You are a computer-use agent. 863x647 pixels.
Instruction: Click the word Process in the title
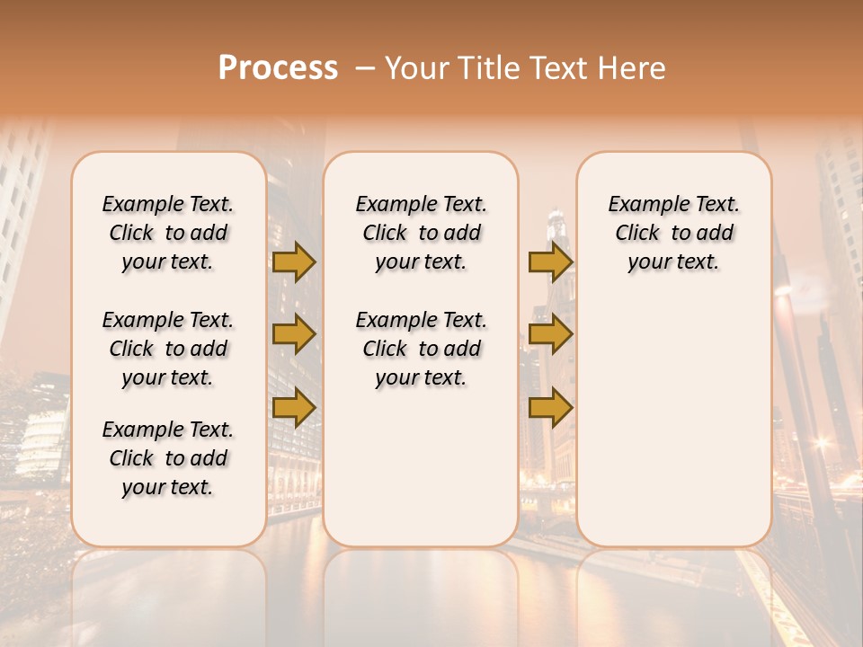(278, 68)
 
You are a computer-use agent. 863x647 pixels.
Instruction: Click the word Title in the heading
(485, 68)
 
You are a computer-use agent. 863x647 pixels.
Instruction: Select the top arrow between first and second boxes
(294, 261)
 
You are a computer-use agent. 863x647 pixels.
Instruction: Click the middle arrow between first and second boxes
(294, 334)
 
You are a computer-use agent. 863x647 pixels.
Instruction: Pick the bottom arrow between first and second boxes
(294, 408)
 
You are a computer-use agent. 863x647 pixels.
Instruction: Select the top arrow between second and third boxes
(550, 261)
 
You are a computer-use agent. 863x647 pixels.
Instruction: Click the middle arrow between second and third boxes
(550, 334)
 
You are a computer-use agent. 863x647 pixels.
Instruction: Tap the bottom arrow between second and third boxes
(550, 408)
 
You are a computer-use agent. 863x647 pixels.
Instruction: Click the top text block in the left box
(168, 233)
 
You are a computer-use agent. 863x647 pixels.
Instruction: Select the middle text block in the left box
(168, 349)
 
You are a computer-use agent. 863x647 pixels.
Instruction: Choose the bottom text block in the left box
(168, 458)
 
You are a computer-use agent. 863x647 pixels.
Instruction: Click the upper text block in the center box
(422, 233)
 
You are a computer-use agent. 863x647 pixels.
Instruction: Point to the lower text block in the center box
(422, 349)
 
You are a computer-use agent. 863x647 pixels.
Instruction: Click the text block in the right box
(674, 233)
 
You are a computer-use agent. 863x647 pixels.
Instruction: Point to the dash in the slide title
(364, 68)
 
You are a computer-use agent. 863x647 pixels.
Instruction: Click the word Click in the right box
(637, 234)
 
